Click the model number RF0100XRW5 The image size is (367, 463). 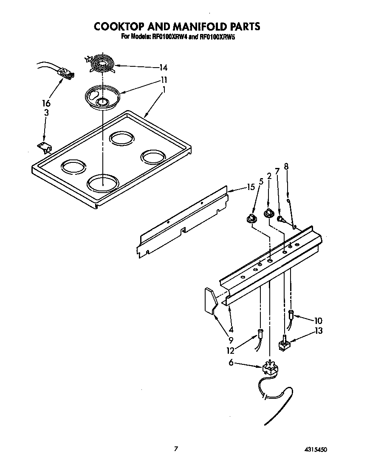[218, 37]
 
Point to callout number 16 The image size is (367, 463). [46, 103]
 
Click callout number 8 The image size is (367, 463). [286, 167]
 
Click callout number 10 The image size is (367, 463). [319, 320]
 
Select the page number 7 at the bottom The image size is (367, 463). [175, 448]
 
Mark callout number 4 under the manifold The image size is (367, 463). [231, 329]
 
